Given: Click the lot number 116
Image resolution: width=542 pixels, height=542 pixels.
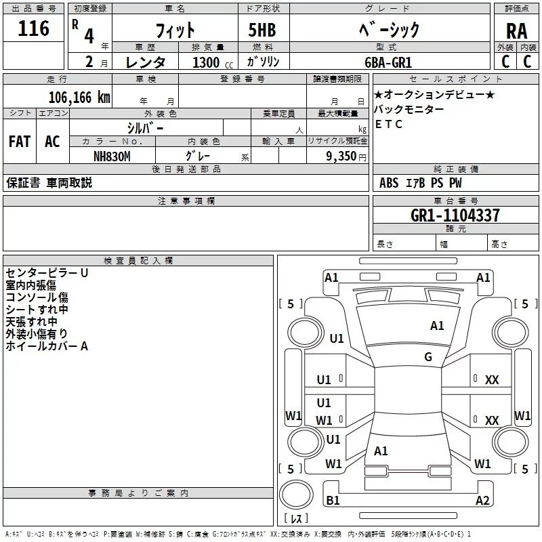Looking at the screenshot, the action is (x=33, y=28).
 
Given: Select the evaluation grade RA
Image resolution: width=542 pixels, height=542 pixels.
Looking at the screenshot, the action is (x=516, y=31).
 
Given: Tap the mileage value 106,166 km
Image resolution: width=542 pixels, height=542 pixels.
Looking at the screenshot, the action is (x=79, y=98).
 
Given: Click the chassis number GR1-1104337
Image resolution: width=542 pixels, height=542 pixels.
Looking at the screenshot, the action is (x=455, y=215).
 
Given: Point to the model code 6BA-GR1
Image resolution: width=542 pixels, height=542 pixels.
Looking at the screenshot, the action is (x=388, y=62).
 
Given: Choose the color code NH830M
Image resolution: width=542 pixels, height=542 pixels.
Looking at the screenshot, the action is (x=112, y=157).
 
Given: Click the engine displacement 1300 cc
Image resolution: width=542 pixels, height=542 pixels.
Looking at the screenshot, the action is (x=213, y=62).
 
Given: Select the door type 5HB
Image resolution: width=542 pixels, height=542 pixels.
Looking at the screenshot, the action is (x=262, y=30).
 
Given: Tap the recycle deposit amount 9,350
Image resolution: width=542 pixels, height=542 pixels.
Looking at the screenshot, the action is (x=341, y=157).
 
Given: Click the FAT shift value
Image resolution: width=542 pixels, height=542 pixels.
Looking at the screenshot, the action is (x=20, y=142).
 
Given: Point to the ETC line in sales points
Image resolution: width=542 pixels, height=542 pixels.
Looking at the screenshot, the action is (x=388, y=124).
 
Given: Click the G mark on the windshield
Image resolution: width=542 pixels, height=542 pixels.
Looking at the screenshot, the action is (x=428, y=357).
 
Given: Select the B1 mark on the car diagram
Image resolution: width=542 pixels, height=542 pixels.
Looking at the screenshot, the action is (x=333, y=500).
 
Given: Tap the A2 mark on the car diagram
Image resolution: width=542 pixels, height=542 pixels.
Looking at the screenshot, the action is (x=482, y=500).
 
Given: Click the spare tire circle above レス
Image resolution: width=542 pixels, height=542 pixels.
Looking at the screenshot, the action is (x=296, y=495).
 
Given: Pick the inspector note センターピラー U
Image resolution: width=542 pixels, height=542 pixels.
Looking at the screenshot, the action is (x=47, y=273).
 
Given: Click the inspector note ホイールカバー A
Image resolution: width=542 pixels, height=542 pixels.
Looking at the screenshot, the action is (x=47, y=346).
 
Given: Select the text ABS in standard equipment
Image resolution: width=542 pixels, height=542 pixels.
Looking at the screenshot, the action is (x=389, y=183).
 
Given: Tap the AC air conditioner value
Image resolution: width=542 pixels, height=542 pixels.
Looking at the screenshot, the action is (x=52, y=142).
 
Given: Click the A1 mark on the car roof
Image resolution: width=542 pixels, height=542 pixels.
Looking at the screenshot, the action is (x=437, y=326).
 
